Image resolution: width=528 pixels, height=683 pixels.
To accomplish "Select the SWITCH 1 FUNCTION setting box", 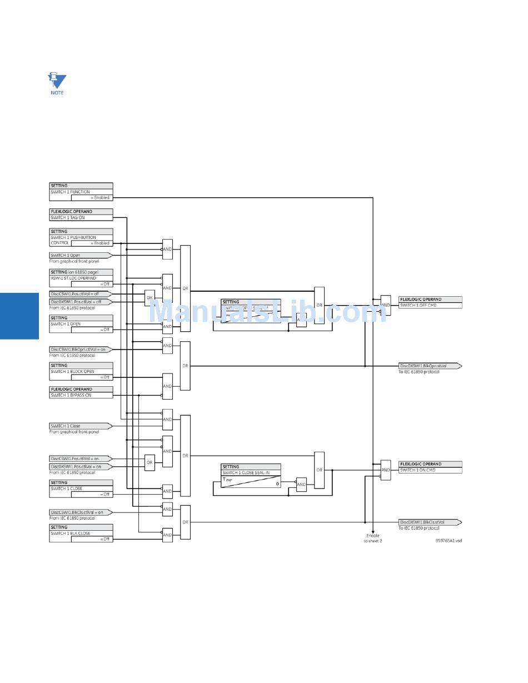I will [81, 192].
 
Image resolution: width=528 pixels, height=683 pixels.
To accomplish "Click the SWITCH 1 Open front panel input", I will [80, 256].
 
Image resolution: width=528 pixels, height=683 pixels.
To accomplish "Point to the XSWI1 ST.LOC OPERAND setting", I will [81, 278].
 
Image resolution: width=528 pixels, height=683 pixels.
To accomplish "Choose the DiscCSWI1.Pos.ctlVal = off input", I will [80, 294].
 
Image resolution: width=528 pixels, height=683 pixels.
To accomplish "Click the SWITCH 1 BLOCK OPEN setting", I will [81, 371].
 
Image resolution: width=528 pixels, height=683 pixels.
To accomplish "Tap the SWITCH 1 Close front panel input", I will [80, 426].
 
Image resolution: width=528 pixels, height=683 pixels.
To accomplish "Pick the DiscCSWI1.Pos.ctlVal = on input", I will [80, 459].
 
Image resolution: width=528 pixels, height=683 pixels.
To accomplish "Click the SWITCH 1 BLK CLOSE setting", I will [81, 534].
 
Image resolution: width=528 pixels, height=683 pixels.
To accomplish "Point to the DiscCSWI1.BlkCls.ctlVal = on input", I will [80, 512].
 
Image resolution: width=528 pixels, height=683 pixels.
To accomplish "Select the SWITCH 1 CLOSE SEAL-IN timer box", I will [251, 476].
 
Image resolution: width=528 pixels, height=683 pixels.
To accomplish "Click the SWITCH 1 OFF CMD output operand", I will [430, 305].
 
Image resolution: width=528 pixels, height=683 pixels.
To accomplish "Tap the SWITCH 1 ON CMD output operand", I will [430, 470].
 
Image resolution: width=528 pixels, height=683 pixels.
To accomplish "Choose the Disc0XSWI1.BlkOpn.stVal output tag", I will [430, 366].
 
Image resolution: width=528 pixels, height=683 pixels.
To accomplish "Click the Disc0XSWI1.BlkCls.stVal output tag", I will [430, 522].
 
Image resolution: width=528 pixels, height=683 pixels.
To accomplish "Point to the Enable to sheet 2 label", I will [373, 538].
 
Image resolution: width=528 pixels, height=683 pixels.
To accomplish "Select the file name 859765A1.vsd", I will [449, 540].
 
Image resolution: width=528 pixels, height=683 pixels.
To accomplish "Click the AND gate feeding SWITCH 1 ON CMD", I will [386, 470].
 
